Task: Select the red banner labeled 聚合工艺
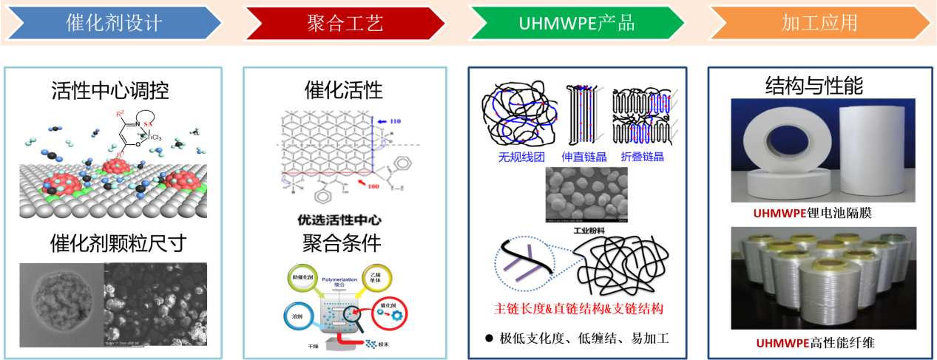(345, 23)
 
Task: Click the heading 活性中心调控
(110, 91)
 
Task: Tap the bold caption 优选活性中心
(345, 220)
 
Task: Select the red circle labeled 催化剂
(385, 310)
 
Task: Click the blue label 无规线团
(522, 157)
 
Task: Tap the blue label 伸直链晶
(583, 157)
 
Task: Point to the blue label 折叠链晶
(643, 157)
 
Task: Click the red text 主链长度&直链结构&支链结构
(578, 308)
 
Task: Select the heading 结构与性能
(813, 86)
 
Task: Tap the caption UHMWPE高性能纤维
(816, 342)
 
